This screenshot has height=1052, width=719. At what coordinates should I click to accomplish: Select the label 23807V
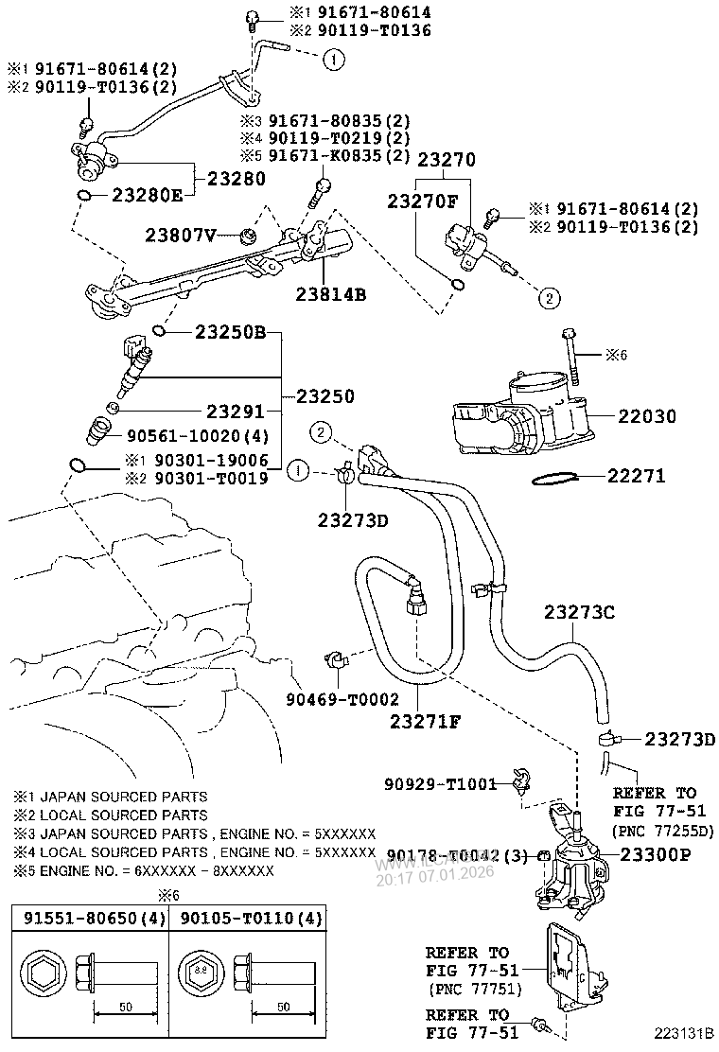pos(181,234)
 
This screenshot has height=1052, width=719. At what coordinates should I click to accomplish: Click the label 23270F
pos(421,200)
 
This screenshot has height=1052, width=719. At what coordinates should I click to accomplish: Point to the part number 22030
pos(648,415)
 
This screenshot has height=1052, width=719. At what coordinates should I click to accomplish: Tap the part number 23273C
pos(579,612)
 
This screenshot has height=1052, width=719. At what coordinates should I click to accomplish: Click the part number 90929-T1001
pos(441,783)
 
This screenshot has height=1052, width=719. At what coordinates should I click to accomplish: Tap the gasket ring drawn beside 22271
pos(554,478)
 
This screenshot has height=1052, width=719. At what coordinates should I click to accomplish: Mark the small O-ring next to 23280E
pos(85,196)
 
